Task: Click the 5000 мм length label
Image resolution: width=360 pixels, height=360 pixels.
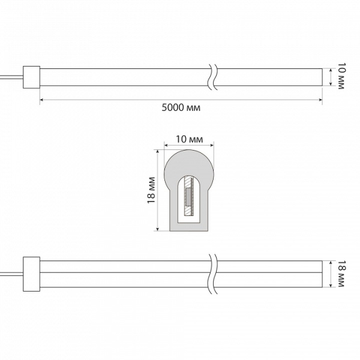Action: point(181,107)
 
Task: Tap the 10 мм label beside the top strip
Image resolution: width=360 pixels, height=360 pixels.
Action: point(341,76)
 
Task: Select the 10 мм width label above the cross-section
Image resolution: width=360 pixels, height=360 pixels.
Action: point(190,139)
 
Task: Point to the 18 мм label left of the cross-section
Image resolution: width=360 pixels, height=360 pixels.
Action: point(151,190)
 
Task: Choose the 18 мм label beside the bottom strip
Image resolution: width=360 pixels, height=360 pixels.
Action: point(341,274)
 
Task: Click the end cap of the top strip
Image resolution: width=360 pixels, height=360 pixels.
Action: point(31,77)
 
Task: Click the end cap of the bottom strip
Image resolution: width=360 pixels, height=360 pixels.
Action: point(31,274)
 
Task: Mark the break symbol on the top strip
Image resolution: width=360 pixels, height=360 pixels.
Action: point(212,77)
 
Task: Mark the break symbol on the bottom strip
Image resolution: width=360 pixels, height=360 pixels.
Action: point(212,274)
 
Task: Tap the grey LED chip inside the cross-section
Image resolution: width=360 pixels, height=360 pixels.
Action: point(188,197)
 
